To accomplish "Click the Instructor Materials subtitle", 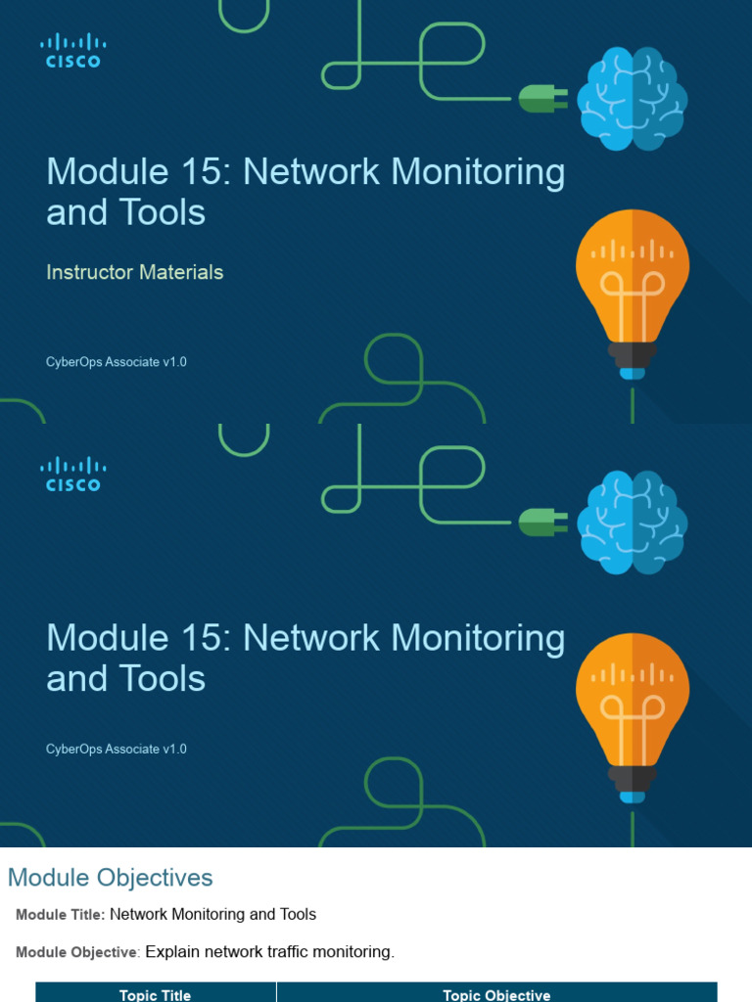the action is [x=135, y=272].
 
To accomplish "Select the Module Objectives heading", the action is [x=110, y=878].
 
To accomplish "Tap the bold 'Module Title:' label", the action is [x=60, y=915].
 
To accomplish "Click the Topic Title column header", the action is [x=155, y=994].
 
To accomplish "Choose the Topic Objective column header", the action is [x=496, y=994].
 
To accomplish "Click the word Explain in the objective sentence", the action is [x=175, y=951].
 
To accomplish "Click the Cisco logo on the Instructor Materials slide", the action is [x=72, y=50].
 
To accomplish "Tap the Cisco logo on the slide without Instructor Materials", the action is [x=72, y=474].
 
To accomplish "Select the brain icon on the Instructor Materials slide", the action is [x=632, y=99].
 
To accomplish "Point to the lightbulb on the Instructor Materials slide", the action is [x=633, y=290].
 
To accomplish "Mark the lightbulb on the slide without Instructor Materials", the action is [x=633, y=712].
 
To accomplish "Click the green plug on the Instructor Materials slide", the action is [x=541, y=98].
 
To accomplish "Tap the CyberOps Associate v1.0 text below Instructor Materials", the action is [x=117, y=362].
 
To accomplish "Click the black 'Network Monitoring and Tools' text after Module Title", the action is [x=213, y=914].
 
